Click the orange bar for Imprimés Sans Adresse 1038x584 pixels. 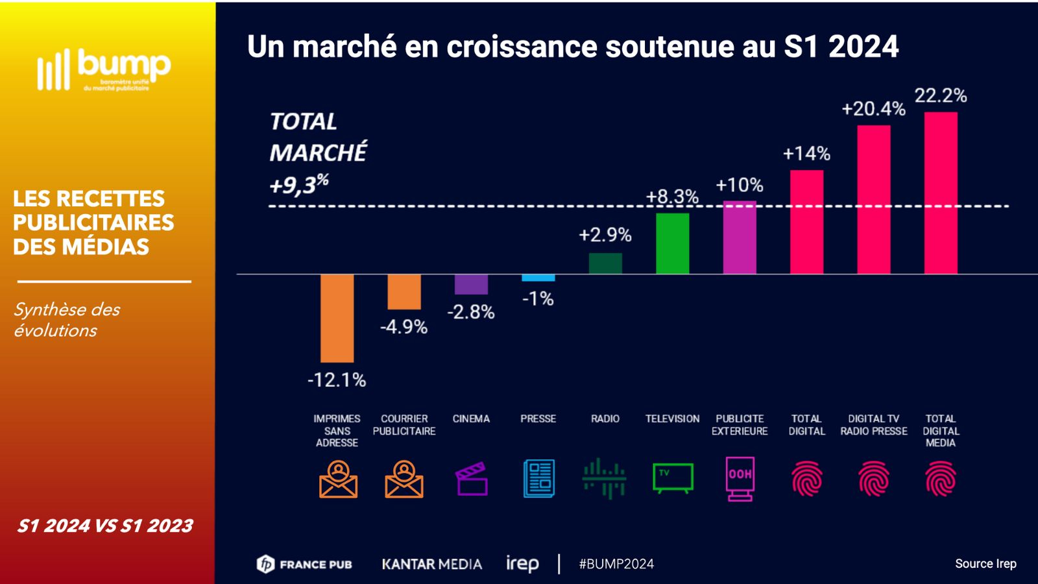[337, 318]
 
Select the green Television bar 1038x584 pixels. [672, 243]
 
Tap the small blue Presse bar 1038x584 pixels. [538, 278]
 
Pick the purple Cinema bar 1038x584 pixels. [471, 284]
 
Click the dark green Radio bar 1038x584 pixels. [605, 263]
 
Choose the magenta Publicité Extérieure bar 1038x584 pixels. [740, 237]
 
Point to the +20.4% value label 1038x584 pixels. [873, 108]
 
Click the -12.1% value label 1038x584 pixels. [337, 380]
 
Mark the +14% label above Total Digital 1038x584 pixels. [806, 153]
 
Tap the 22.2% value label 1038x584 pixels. [941, 95]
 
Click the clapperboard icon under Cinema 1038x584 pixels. [472, 479]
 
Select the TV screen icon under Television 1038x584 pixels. [673, 478]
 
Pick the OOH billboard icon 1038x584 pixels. [740, 479]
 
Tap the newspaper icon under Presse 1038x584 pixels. [538, 479]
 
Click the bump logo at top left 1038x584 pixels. [104, 68]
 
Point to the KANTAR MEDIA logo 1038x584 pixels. [431, 564]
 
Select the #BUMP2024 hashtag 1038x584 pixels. [616, 564]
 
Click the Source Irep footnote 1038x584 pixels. [985, 564]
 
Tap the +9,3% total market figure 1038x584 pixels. [299, 185]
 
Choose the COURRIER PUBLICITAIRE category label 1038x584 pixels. [404, 425]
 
